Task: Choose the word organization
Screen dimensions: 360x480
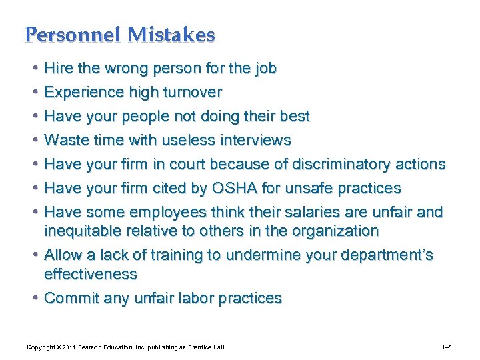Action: click(x=335, y=231)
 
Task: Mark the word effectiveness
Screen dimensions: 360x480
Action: click(x=90, y=274)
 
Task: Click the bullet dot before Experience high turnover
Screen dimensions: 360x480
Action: click(x=35, y=92)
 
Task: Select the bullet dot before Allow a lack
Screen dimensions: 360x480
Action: click(x=35, y=255)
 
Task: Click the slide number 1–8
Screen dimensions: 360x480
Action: click(x=447, y=347)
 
